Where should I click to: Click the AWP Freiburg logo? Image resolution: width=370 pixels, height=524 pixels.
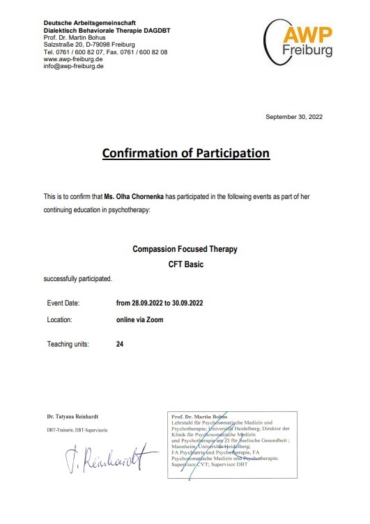click(x=298, y=39)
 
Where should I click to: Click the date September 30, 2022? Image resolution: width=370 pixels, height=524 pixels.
click(x=294, y=117)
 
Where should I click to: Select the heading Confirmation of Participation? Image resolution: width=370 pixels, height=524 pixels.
click(x=185, y=152)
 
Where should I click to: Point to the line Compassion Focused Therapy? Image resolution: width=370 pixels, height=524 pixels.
click(x=185, y=248)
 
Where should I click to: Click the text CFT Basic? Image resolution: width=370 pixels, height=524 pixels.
click(x=185, y=264)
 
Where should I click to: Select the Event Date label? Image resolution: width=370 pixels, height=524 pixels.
click(x=63, y=303)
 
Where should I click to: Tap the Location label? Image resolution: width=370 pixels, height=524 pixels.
click(x=60, y=320)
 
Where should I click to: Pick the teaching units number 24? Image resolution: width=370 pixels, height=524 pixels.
click(x=120, y=344)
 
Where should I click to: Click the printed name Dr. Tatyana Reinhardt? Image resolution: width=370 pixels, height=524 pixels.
click(x=78, y=417)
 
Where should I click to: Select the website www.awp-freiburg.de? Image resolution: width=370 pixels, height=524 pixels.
click(x=73, y=59)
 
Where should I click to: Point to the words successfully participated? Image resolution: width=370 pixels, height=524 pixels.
click(x=77, y=278)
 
